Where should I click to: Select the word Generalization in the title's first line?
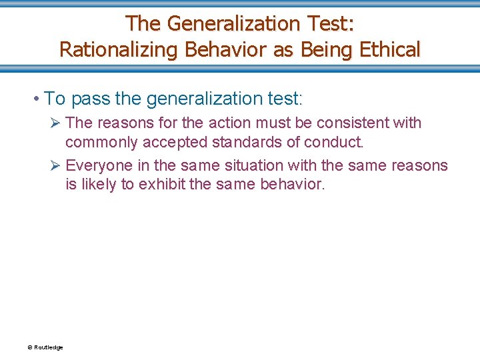click(x=234, y=23)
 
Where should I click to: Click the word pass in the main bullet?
click(x=90, y=99)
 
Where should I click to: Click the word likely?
click(x=99, y=184)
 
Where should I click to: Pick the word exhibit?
click(x=162, y=184)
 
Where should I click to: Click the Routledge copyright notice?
click(x=45, y=347)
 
